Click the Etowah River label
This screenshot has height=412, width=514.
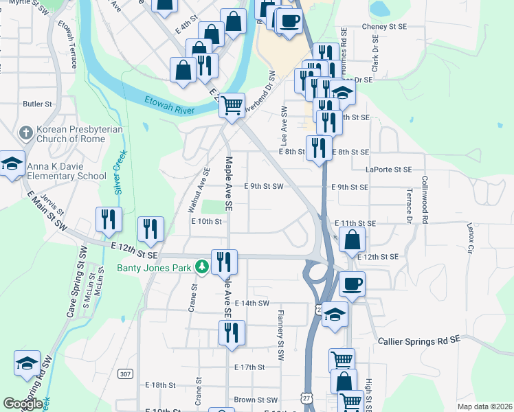pos(169,104)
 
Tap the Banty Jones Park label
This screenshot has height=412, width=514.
pos(155,268)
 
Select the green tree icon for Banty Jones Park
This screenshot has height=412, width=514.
pos(202,267)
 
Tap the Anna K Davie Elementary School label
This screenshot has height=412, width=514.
pos(67,171)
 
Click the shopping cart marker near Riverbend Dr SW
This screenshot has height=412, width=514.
pos(232,105)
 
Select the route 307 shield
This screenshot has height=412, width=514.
pos(124,374)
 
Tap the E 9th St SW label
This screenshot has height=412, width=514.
pos(264,186)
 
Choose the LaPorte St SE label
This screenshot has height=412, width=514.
pos(389,169)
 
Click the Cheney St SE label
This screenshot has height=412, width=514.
pos(385,27)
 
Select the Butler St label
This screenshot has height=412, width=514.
pos(38,104)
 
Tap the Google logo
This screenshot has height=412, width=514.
pos(23,404)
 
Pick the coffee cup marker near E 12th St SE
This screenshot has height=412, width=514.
pos(353,284)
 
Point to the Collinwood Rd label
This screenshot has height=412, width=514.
pos(425,192)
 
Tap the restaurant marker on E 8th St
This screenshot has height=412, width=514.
pos(319,148)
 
